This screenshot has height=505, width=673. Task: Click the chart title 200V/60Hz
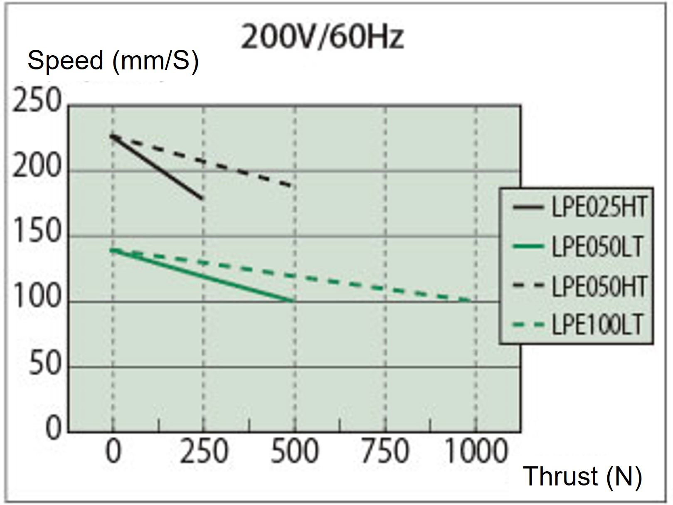[322, 37]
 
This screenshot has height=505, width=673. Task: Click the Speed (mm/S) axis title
[113, 61]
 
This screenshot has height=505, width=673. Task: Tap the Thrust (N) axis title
[582, 476]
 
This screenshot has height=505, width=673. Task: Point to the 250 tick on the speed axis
[37, 101]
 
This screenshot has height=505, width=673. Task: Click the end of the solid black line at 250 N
[202, 199]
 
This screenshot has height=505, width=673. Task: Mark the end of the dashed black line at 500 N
[294, 186]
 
